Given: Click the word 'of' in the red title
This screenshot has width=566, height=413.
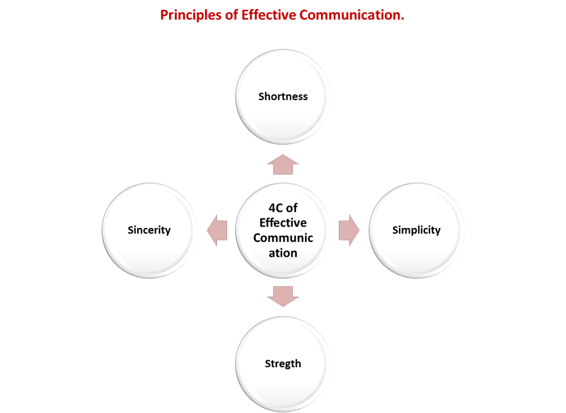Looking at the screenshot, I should point(231,15).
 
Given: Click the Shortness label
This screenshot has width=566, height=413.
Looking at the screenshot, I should point(283,96).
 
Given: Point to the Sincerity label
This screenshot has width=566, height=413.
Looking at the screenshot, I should point(149,230).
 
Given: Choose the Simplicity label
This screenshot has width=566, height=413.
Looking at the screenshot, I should point(416,230).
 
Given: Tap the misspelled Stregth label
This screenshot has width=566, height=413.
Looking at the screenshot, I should point(283,364).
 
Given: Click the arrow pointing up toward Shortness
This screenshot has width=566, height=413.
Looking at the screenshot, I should point(283,164).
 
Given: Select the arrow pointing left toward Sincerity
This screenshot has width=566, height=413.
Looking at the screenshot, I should point(218,230).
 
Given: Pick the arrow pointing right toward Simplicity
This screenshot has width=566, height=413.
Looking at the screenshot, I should point(348,230).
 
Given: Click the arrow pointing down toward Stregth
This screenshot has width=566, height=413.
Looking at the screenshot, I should point(283,296).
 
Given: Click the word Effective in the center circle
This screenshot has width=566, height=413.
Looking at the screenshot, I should point(283,223).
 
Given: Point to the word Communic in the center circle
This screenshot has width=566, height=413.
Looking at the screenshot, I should point(283,238).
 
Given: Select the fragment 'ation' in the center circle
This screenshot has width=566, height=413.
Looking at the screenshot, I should point(283,253).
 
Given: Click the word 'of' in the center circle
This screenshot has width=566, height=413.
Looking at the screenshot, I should point(292,208).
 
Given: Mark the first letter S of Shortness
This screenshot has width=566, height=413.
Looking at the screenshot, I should point(261,96).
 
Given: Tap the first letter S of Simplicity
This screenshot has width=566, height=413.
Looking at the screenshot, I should point(395,230).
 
